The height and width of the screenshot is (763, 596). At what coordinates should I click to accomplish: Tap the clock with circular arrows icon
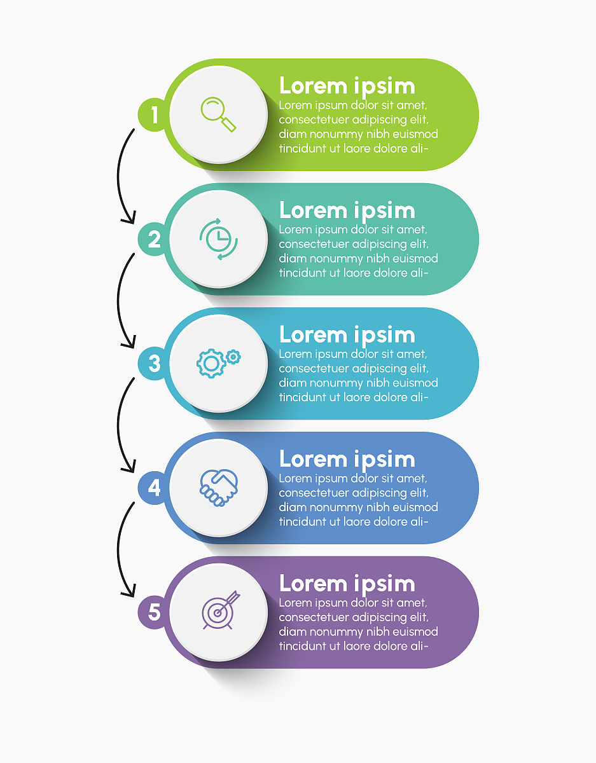pyautogui.click(x=218, y=239)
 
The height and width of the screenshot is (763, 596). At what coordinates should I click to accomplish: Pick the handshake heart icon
pyautogui.click(x=219, y=488)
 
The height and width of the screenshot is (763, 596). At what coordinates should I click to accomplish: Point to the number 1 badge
pyautogui.click(x=153, y=114)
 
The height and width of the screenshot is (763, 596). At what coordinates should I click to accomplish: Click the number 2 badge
pyautogui.click(x=153, y=239)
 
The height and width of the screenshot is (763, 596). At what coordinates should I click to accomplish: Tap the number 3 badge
pyautogui.click(x=153, y=364)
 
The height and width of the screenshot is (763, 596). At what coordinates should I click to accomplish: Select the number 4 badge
pyautogui.click(x=153, y=488)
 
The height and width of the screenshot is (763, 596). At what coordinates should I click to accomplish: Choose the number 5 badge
pyautogui.click(x=153, y=612)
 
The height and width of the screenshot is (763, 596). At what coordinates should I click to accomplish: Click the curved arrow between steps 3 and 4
pyautogui.click(x=118, y=425)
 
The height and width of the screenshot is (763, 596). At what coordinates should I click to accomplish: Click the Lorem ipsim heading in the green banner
pyautogui.click(x=347, y=86)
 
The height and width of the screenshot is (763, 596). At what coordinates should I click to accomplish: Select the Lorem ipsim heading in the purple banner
pyautogui.click(x=347, y=584)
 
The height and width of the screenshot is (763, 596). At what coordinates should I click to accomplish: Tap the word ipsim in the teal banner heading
pyautogui.click(x=384, y=210)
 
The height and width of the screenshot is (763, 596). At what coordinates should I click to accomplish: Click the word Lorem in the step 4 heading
pyautogui.click(x=313, y=458)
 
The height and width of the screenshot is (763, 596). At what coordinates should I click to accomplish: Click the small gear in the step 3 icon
pyautogui.click(x=233, y=357)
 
